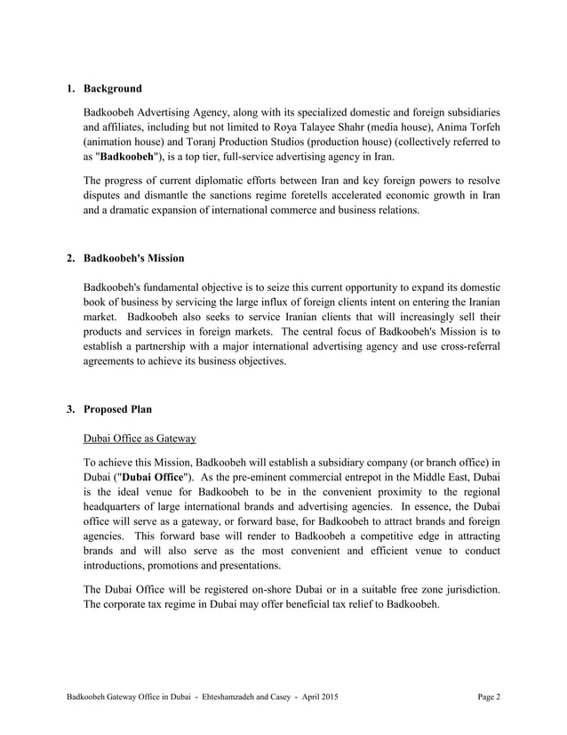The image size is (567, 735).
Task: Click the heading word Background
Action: click(113, 89)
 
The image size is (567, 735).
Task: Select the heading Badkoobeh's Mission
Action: click(133, 258)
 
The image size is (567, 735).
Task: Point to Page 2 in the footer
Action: click(488, 696)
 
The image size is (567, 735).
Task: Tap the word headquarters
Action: click(113, 513)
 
